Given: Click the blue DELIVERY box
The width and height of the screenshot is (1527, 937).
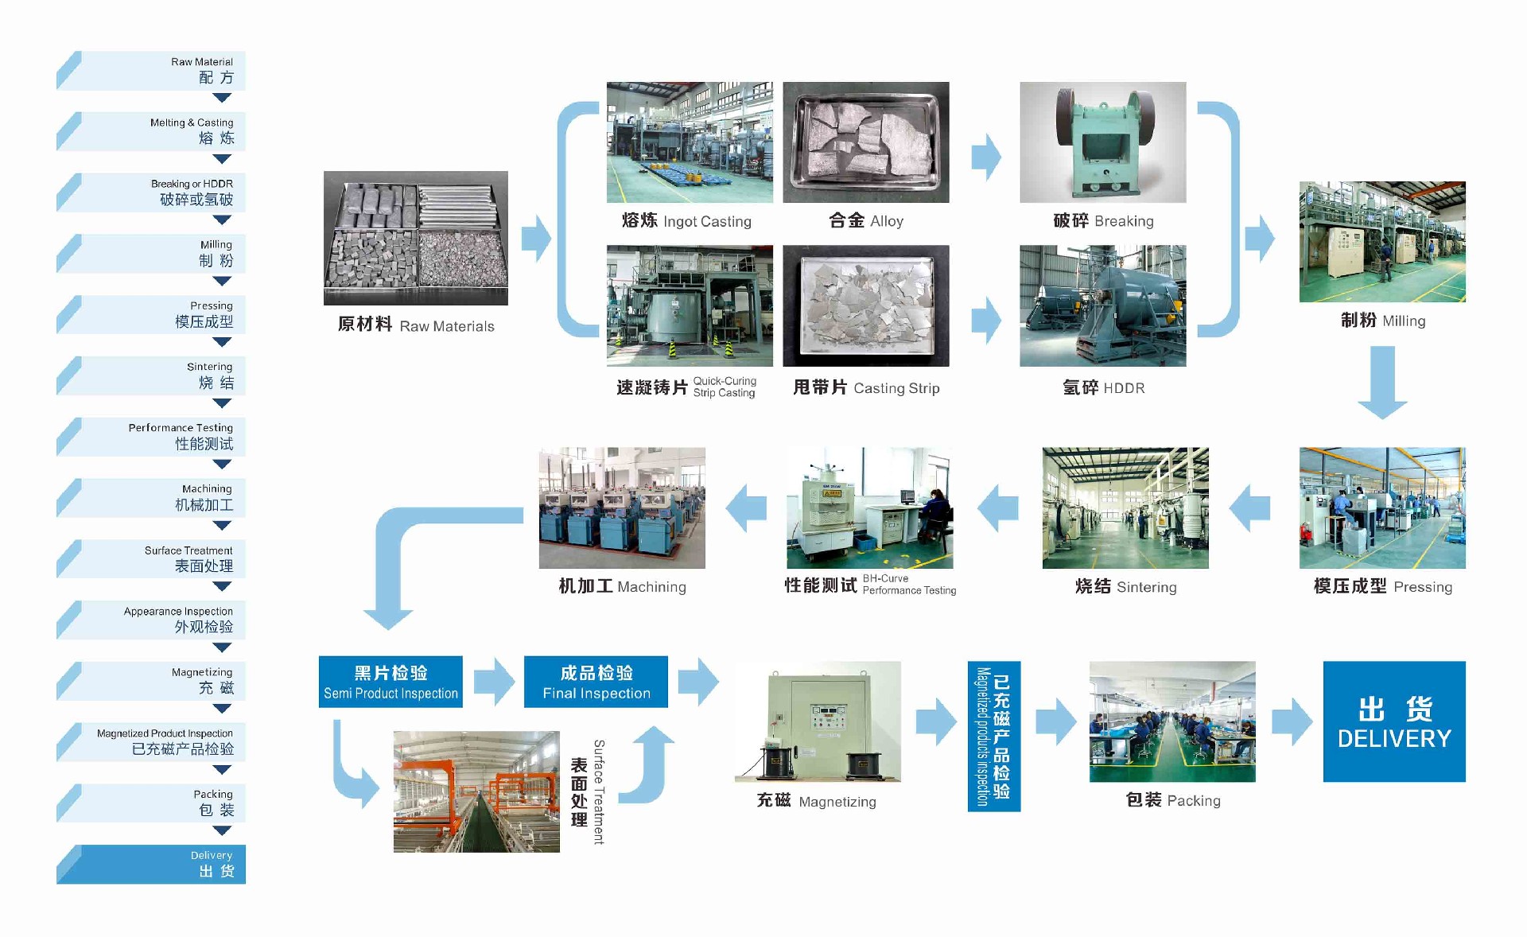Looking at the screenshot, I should click(x=1393, y=721).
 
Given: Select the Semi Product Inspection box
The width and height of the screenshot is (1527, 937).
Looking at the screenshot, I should click(x=390, y=682).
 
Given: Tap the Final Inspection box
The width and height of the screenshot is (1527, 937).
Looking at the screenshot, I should click(x=596, y=682).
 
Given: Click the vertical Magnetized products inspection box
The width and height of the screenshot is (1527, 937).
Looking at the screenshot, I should click(x=993, y=736).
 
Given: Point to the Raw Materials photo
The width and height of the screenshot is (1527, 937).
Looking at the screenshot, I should click(x=415, y=238).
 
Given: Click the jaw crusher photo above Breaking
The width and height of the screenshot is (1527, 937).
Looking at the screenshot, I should click(x=1102, y=142).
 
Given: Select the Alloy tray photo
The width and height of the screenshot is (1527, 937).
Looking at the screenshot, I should click(x=865, y=142).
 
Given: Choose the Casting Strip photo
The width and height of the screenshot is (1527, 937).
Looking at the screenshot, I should click(x=865, y=305).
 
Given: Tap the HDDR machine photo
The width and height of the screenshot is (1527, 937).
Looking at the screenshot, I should click(x=1102, y=305).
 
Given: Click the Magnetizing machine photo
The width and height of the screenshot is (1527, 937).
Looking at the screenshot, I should click(x=818, y=721).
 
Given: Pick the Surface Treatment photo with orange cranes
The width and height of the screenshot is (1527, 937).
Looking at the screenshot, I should click(x=476, y=791).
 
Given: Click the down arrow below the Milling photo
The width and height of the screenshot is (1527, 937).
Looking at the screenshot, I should click(x=1382, y=382).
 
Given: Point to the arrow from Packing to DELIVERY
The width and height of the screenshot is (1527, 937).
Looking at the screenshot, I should click(x=1292, y=721).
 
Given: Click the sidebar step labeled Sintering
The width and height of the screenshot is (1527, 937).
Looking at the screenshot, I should click(x=151, y=375).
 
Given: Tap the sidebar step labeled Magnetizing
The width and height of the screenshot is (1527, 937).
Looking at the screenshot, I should click(x=151, y=681).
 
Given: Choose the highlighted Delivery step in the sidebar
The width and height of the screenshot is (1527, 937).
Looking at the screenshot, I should click(x=151, y=864).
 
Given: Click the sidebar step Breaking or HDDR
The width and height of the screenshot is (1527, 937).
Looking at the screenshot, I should click(x=151, y=192).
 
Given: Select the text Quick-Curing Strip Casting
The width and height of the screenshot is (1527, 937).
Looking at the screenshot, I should click(x=724, y=387).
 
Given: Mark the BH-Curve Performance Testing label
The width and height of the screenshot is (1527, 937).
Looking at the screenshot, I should click(x=909, y=585).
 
